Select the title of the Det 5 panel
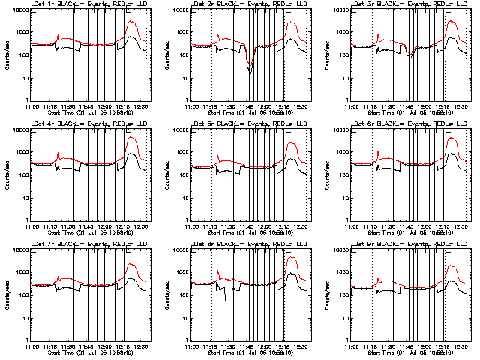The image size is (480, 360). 240,124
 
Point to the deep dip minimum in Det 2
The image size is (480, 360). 249,70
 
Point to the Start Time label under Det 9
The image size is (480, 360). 402,352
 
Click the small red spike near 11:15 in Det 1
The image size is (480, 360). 58,34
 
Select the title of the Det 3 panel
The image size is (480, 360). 402,5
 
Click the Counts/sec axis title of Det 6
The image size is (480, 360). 329,174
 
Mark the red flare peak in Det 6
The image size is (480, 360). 451,138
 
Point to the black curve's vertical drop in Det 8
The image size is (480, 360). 226,291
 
